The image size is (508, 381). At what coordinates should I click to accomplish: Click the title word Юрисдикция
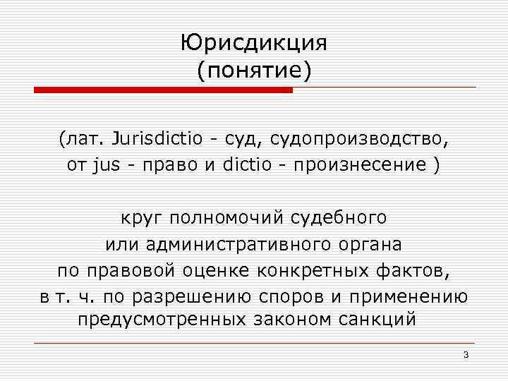[x=254, y=44]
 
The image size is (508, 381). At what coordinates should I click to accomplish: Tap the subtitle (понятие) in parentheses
[x=254, y=71]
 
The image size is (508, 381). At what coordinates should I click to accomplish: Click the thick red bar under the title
[x=163, y=90]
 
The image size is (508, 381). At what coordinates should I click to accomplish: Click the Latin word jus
[x=106, y=166]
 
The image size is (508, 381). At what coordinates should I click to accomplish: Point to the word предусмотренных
[x=161, y=319]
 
